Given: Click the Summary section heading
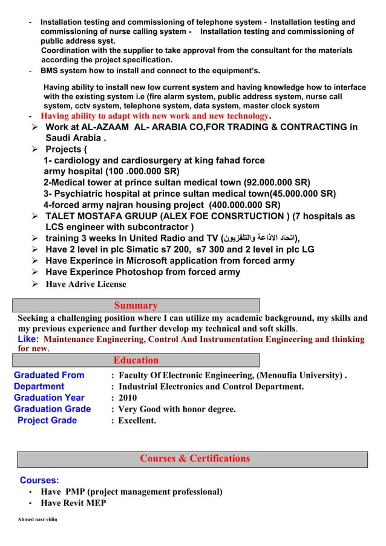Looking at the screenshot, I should coord(136,306).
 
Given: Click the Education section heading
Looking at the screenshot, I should coord(136,361).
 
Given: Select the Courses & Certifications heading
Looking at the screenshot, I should coord(195,458).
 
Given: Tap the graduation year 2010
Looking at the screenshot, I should coord(128,398).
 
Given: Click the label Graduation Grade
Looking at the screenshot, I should coord(52,409).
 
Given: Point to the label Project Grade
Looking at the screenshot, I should coord(47,420).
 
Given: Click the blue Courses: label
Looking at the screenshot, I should coord(39,480).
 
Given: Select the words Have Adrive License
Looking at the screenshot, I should coord(86,284).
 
